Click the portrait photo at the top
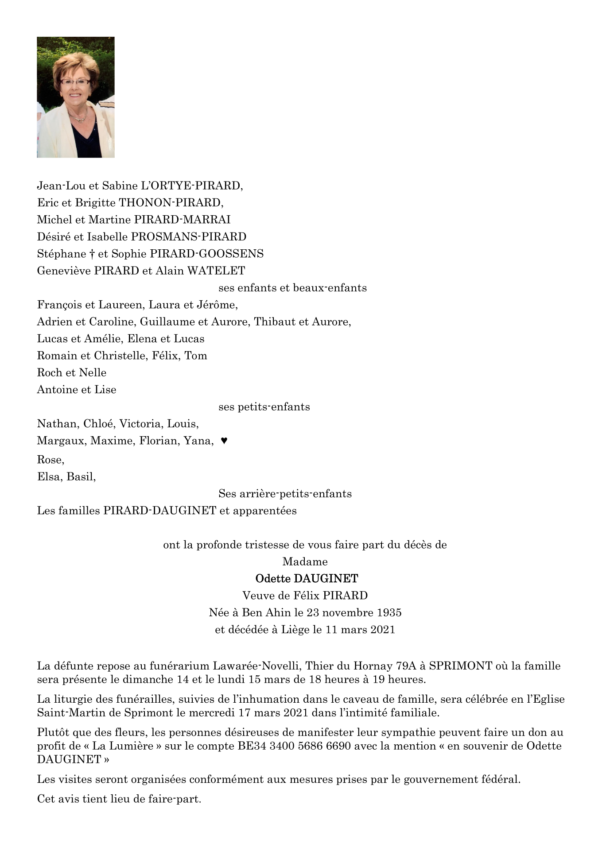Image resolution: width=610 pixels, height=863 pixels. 75,97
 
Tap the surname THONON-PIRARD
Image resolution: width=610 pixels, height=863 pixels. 171,203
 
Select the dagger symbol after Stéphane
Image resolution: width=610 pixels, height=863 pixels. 92,254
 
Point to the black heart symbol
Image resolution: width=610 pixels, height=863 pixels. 224,441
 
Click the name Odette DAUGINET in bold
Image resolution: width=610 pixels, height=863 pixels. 307,578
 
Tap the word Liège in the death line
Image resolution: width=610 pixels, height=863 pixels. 295,629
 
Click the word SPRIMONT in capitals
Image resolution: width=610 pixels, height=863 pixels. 461,666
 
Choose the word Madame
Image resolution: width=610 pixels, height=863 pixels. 305,561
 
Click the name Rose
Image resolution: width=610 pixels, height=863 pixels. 51,460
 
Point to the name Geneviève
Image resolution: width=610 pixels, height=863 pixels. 64,271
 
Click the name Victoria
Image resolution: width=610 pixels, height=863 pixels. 140,424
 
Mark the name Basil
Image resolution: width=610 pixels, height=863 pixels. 81,477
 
